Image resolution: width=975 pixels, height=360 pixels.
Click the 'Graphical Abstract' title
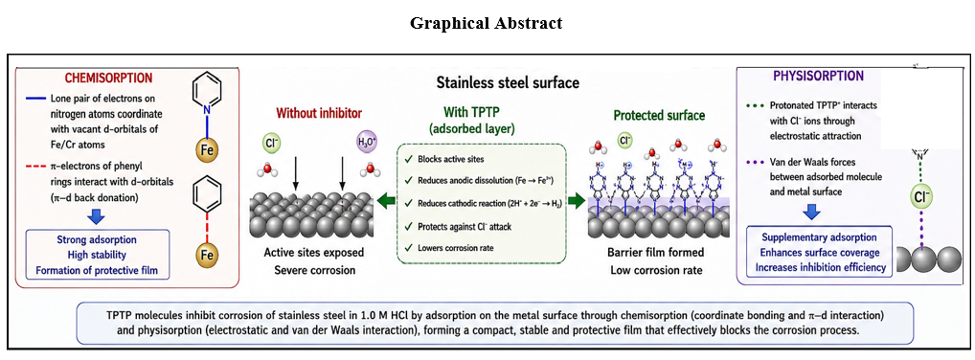(487, 23)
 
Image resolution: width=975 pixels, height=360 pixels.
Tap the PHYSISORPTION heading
(818, 77)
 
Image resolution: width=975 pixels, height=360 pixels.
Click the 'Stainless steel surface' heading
(508, 82)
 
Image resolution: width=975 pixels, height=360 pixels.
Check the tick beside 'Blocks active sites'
(407, 158)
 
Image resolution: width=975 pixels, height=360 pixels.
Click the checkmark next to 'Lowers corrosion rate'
(407, 248)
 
